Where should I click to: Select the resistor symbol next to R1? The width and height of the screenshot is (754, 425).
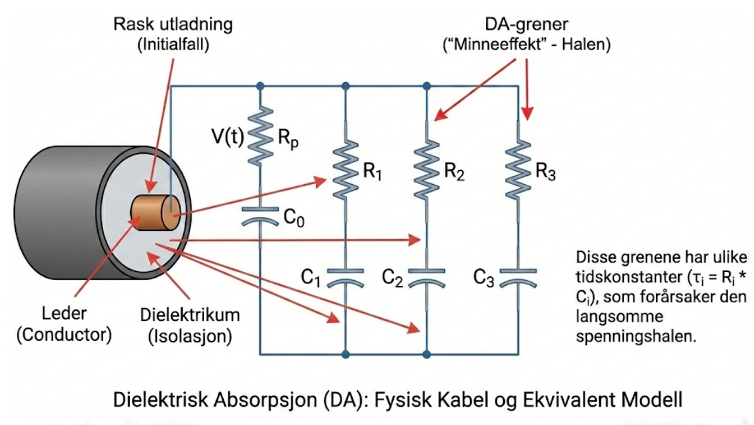point(345,169)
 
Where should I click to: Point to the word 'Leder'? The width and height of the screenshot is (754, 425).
point(62,314)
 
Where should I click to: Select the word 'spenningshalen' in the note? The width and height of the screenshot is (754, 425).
point(635,336)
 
